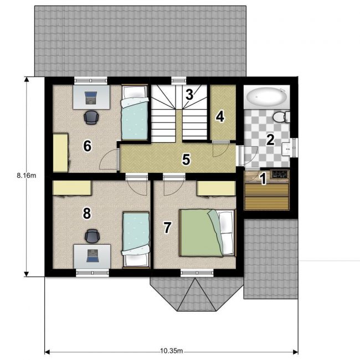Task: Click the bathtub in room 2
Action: click(x=266, y=97)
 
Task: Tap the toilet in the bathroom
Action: click(x=281, y=117)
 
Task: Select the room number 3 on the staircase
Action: click(x=189, y=94)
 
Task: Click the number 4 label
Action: click(x=220, y=116)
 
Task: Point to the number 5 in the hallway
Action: click(x=186, y=159)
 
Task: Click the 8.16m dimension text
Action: click(x=27, y=176)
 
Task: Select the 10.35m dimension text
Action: click(x=172, y=351)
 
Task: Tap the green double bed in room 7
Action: click(x=208, y=233)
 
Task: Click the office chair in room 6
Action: click(x=91, y=117)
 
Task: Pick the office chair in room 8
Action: click(x=92, y=236)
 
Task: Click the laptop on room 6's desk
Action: click(x=91, y=97)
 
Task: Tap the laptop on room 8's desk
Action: click(x=92, y=256)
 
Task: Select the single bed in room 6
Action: click(x=135, y=112)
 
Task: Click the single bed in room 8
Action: click(x=136, y=239)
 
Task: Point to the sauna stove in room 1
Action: click(x=279, y=174)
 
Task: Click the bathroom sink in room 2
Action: click(x=286, y=149)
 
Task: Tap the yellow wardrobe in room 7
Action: click(x=216, y=188)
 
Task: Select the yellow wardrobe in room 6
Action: click(x=60, y=153)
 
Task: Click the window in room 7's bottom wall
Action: click(x=197, y=272)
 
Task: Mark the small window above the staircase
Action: click(x=179, y=80)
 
